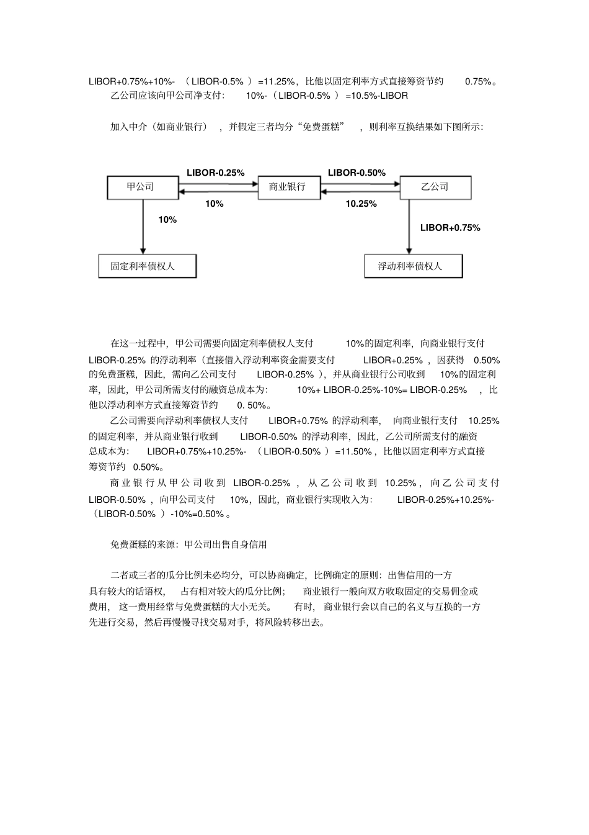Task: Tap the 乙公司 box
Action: point(435,187)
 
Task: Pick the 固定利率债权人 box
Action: point(147,266)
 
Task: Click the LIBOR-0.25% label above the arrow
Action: point(215,173)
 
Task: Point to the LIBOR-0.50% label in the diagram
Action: point(356,173)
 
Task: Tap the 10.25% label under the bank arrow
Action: point(361,204)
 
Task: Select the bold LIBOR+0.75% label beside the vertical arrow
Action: point(450,228)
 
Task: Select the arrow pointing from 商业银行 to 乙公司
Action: point(360,183)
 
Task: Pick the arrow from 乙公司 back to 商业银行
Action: point(360,193)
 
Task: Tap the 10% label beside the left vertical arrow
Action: point(167,220)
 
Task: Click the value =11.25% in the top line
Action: point(276,81)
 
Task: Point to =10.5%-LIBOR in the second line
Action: point(377,96)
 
